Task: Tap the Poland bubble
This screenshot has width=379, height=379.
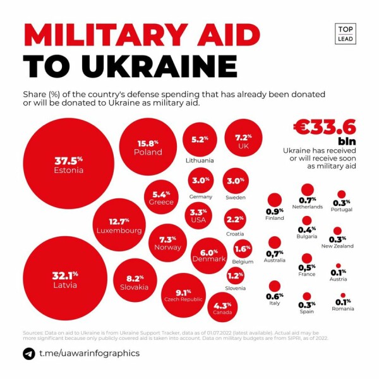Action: pyautogui.click(x=148, y=147)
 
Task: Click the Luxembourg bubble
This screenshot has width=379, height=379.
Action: pyautogui.click(x=119, y=226)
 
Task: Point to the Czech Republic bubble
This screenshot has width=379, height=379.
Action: pyautogui.click(x=183, y=295)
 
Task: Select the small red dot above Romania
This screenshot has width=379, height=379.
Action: pyautogui.click(x=343, y=296)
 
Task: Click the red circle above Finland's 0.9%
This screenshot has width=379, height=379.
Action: pyautogui.click(x=274, y=200)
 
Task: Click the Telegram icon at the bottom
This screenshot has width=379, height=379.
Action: pyautogui.click(x=29, y=354)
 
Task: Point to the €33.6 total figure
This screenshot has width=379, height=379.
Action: pyautogui.click(x=324, y=126)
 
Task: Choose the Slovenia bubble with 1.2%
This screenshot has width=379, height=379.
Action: pyautogui.click(x=235, y=275)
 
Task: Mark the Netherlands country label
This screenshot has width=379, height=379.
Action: pyautogui.click(x=308, y=207)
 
